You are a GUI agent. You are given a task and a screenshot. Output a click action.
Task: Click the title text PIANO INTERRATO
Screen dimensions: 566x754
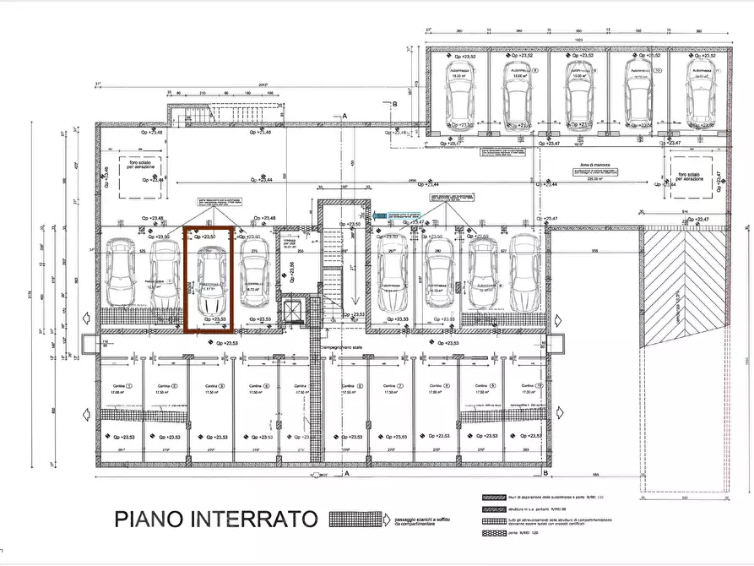point(215,517)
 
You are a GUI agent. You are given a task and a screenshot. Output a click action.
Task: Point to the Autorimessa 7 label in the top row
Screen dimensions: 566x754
point(461,70)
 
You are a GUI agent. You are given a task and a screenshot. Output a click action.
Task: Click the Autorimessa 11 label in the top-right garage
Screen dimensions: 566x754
point(701,70)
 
